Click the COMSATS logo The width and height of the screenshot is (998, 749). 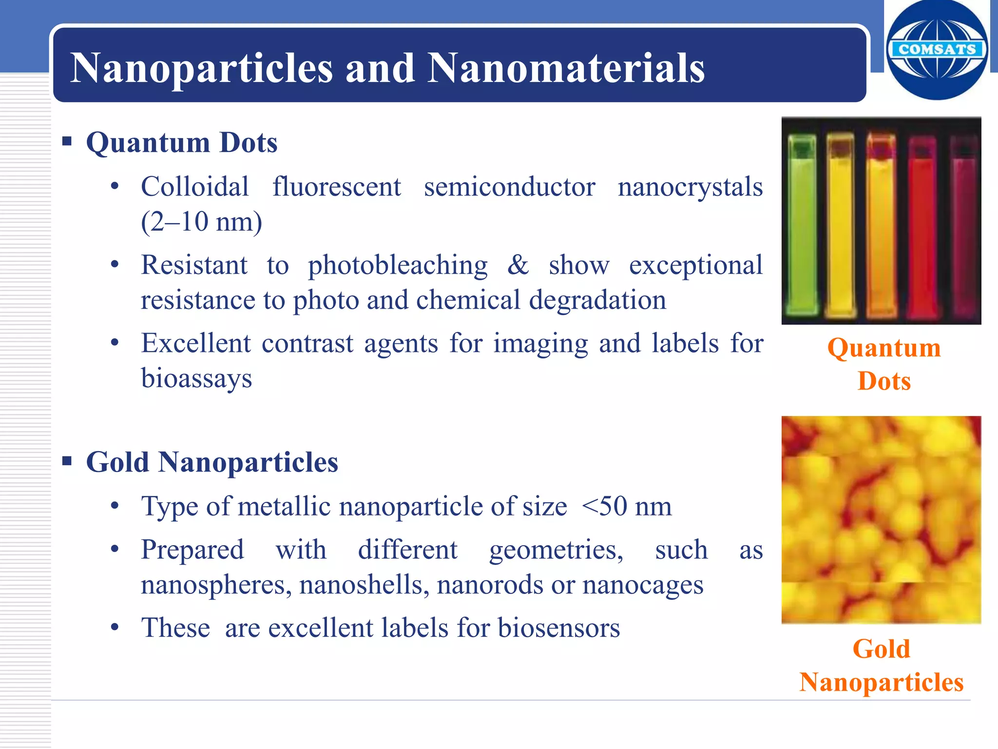(937, 50)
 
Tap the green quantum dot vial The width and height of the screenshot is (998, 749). (802, 224)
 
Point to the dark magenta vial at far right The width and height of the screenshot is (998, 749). (963, 229)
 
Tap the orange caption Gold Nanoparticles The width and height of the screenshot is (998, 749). (882, 665)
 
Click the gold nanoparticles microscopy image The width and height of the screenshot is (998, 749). (881, 520)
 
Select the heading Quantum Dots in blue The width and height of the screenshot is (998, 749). (182, 143)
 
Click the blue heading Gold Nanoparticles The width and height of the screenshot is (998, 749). (212, 462)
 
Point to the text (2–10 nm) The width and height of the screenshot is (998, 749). (202, 222)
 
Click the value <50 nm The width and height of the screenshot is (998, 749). (627, 506)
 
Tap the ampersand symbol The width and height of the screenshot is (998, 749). (518, 265)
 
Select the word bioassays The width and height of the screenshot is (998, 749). (196, 378)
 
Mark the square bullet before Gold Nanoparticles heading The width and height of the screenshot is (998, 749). (67, 461)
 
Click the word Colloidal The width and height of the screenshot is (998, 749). (195, 187)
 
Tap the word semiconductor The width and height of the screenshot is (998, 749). (509, 187)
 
